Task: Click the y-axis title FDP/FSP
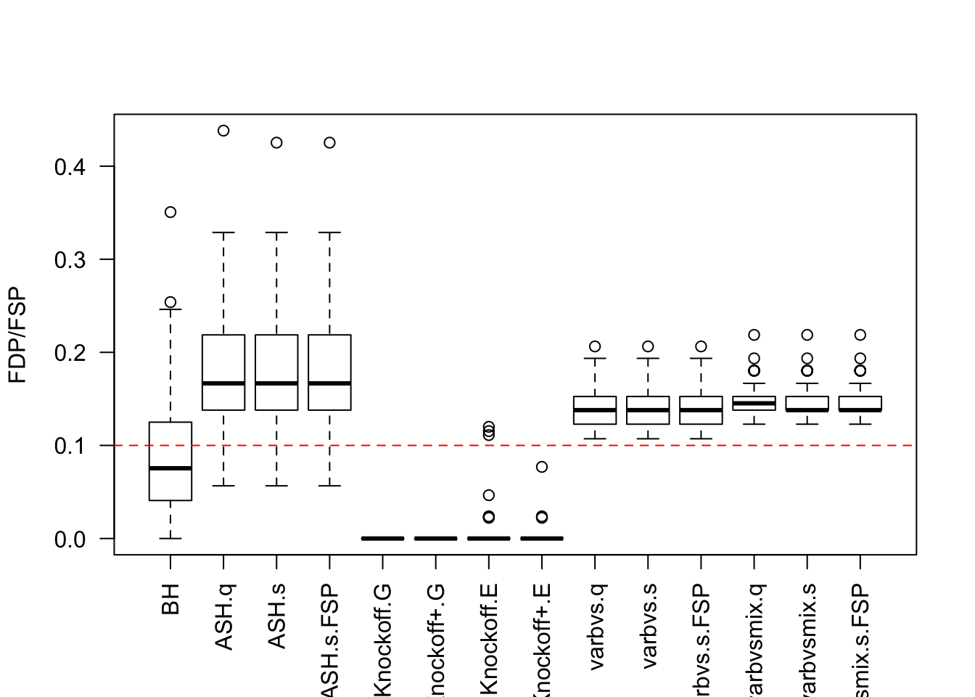click(x=17, y=335)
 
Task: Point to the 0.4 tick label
click(x=70, y=167)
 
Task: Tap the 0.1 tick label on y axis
click(x=70, y=446)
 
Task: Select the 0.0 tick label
click(x=70, y=539)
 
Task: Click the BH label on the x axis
click(x=170, y=600)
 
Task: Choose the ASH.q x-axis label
click(x=223, y=616)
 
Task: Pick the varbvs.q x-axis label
click(x=595, y=626)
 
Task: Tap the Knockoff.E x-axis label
click(x=489, y=639)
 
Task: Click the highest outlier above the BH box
click(x=170, y=212)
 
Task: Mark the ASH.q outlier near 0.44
click(x=223, y=131)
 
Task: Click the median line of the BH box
click(x=170, y=468)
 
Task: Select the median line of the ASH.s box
click(x=276, y=383)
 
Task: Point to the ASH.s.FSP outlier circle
click(x=329, y=142)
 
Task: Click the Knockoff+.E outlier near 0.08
click(x=542, y=467)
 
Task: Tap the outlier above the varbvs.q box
click(x=595, y=346)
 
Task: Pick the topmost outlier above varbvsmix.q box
click(x=754, y=335)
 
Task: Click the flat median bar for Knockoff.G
click(x=382, y=538)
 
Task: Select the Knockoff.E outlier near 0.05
click(x=489, y=495)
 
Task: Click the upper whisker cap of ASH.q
click(x=223, y=232)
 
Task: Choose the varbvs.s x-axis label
click(x=648, y=626)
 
